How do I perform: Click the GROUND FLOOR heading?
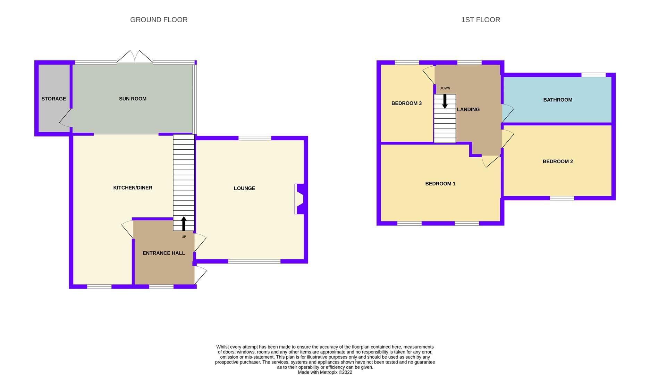159,20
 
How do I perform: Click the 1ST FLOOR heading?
480,20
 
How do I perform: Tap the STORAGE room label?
53,99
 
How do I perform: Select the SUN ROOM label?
133,99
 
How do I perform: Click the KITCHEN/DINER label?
133,187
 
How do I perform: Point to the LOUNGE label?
244,188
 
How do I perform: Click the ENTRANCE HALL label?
163,253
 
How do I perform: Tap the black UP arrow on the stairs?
184,224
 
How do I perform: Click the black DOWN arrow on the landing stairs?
445,101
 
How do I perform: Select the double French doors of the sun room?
134,57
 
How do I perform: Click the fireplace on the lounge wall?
299,199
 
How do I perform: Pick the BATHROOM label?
557,100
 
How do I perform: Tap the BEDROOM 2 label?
557,161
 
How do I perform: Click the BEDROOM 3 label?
406,103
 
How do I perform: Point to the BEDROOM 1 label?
440,183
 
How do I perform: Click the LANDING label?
468,109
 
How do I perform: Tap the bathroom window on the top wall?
593,75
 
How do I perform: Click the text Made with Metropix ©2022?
325,372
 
